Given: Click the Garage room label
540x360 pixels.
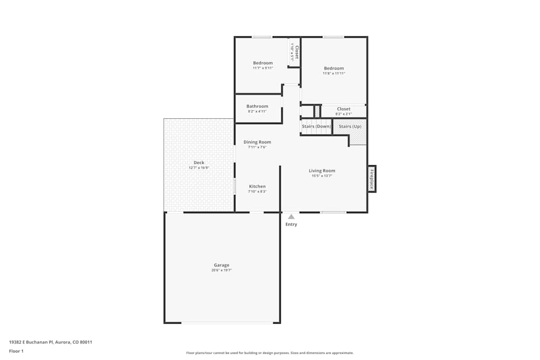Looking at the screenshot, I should (x=221, y=265).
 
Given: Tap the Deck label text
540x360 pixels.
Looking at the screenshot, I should (x=199, y=162).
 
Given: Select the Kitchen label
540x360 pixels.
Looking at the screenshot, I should (x=257, y=186).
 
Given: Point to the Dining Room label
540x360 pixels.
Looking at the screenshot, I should (x=257, y=142).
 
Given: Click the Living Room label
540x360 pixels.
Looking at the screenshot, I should (x=322, y=171).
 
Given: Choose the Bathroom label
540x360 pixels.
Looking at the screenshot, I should (x=257, y=106).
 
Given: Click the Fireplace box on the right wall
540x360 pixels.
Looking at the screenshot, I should (x=372, y=179).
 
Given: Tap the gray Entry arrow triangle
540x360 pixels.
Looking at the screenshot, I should (x=291, y=216).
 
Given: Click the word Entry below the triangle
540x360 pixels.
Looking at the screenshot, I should (x=291, y=225).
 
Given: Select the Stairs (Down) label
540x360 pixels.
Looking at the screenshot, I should (x=316, y=126).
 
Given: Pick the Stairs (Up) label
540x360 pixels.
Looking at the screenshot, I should (x=350, y=126).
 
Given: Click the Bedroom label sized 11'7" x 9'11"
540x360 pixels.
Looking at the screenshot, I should (x=263, y=63).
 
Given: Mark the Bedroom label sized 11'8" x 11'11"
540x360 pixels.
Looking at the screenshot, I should (x=334, y=69).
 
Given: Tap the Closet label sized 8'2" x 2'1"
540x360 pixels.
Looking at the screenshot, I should (x=343, y=109).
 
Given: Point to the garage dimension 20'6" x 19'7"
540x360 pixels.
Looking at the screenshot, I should (x=221, y=270).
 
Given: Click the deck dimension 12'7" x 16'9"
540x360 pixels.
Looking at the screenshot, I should (x=199, y=168).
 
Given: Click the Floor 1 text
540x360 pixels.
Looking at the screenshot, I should (x=16, y=351).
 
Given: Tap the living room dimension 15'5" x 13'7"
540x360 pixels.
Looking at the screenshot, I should (x=322, y=176).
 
